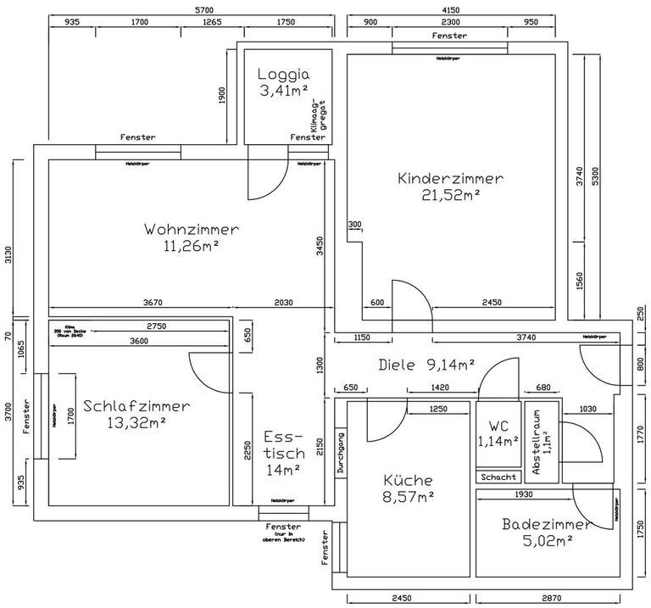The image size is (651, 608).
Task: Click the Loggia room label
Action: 284,74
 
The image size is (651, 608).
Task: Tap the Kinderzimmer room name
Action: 450,179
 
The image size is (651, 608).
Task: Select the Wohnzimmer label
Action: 192,230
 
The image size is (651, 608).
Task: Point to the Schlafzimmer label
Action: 136,405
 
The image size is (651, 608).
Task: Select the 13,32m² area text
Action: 136,421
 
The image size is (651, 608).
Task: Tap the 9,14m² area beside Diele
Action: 451,365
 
